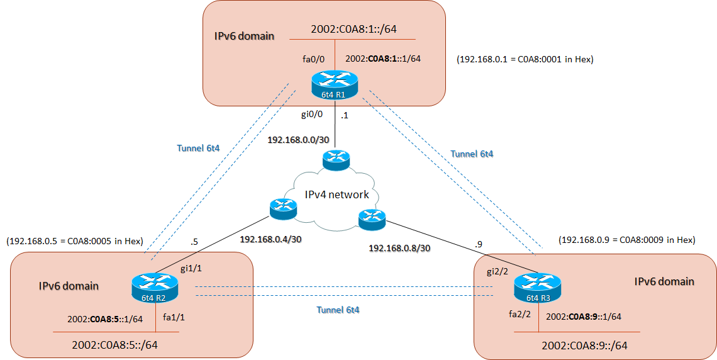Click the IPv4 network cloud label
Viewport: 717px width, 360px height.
pyautogui.click(x=337, y=194)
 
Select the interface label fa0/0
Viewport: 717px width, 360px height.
pyautogui.click(x=313, y=59)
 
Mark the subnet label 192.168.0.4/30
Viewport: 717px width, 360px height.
pyautogui.click(x=272, y=239)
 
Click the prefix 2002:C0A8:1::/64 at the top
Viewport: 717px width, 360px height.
pyautogui.click(x=353, y=29)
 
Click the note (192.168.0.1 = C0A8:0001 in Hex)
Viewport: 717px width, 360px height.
pyautogui.click(x=525, y=60)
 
